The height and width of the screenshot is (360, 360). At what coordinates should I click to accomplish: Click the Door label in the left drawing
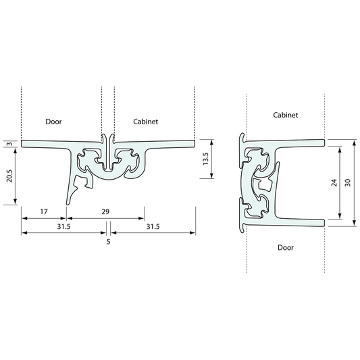[53, 122]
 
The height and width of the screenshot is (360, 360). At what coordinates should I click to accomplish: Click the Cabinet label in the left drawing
[146, 122]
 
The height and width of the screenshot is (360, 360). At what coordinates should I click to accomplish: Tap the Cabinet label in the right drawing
[286, 115]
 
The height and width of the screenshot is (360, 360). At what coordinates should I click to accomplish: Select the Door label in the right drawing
[286, 247]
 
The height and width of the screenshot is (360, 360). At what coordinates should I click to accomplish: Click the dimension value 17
[44, 211]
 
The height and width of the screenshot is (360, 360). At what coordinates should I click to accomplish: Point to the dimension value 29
[105, 211]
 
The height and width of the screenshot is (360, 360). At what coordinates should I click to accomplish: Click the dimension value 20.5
[9, 176]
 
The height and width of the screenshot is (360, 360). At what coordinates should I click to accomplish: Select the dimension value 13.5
[205, 159]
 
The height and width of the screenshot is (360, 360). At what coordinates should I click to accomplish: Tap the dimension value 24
[334, 182]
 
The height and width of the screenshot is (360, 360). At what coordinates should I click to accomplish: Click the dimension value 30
[348, 182]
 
